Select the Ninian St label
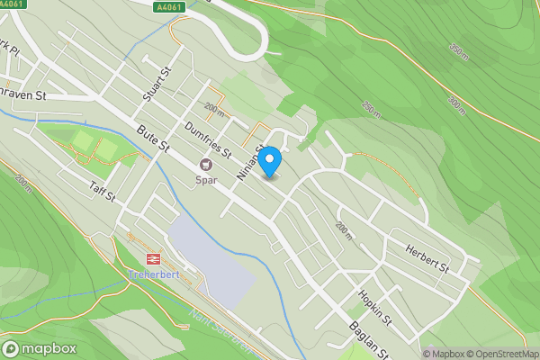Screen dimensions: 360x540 point(249,160)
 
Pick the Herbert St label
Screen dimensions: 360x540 point(427,256)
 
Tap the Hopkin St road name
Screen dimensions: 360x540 point(373,307)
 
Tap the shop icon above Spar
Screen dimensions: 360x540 point(207,165)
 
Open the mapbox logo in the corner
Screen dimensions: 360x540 point(40,348)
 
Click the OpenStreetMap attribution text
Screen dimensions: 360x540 point(503,354)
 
